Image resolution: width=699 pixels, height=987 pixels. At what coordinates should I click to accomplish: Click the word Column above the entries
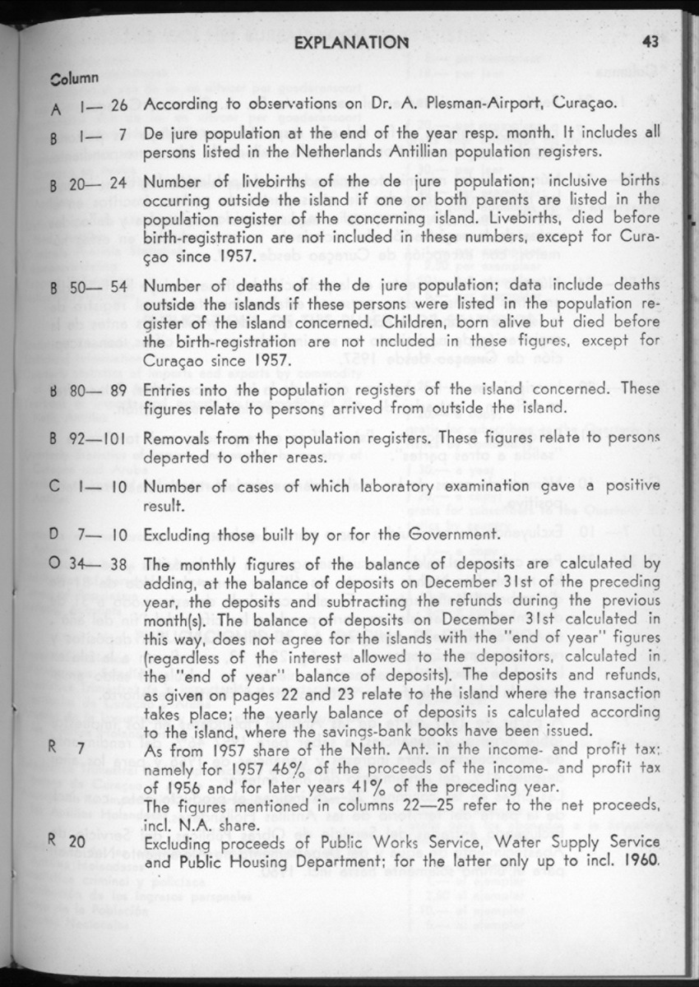point(75,78)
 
